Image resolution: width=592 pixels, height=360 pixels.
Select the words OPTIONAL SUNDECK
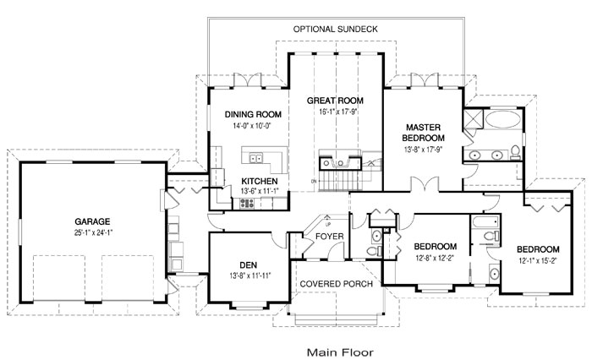point(335,29)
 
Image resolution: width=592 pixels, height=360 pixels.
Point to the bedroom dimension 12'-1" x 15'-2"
point(539,261)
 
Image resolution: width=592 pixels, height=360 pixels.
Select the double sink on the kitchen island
point(256,157)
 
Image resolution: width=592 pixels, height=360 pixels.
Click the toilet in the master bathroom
point(514,153)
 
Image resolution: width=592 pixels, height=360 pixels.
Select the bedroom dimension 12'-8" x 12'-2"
point(436,259)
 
